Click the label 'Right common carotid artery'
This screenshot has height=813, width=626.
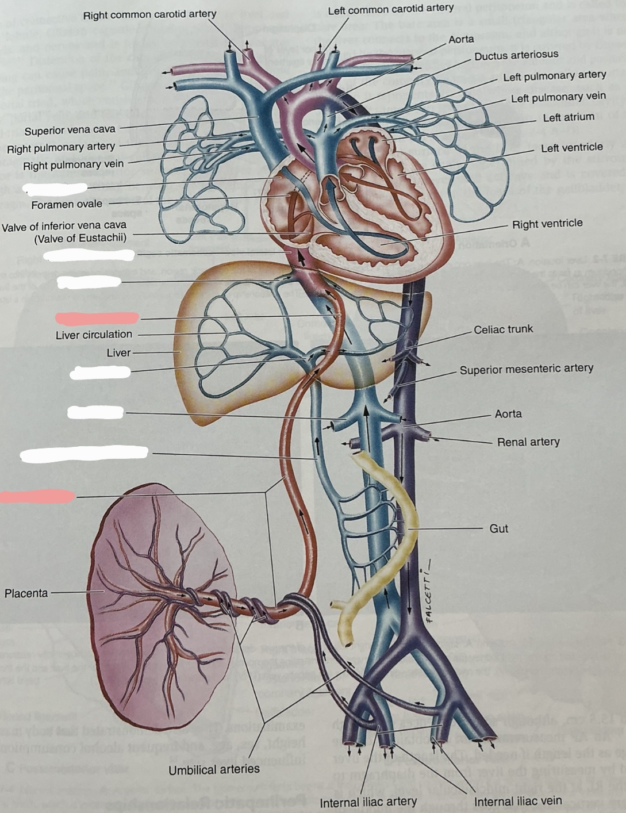coord(149,14)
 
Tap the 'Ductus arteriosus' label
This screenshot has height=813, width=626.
coord(516,55)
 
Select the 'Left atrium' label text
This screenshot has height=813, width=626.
coord(568,117)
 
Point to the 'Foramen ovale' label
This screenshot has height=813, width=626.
coord(67,204)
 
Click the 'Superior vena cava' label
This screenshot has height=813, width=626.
coord(70,130)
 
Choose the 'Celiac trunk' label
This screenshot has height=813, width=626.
coord(503,329)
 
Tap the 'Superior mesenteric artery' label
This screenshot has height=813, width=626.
coord(526,369)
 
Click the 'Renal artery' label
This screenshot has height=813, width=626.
coord(528,442)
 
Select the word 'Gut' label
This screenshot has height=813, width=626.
coord(498,528)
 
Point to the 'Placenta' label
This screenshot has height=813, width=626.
coord(26,593)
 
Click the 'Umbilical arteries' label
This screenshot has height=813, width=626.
coord(214,769)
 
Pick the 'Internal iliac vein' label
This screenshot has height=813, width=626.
coord(517,801)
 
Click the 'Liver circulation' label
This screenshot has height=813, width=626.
coord(94,335)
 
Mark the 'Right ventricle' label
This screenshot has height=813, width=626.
coord(547,224)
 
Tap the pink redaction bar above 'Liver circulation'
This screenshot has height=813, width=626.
coord(97,318)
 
